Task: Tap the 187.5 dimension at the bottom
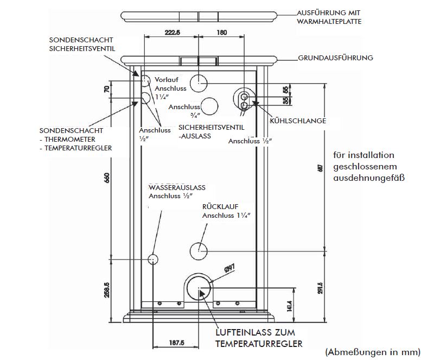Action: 177,343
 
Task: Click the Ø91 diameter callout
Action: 227,268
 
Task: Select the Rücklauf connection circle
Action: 199,250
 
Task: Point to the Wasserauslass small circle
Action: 154,259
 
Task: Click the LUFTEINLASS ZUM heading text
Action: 257,333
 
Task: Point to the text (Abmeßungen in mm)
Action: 373,352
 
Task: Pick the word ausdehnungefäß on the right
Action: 365,177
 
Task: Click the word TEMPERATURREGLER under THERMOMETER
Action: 78,148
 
